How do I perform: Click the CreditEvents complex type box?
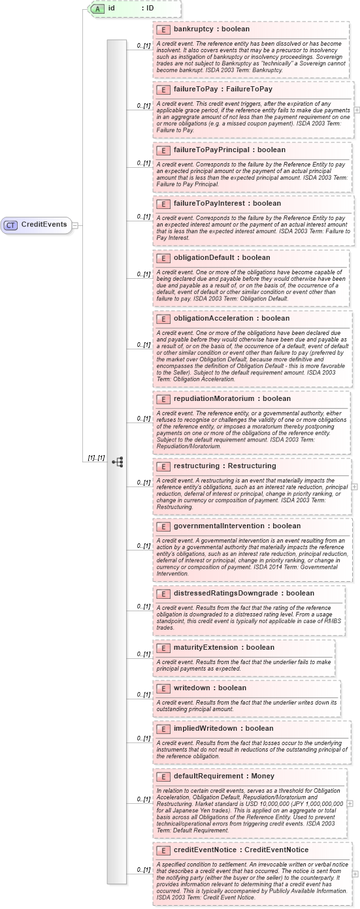tap(37, 225)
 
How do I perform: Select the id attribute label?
tap(112, 8)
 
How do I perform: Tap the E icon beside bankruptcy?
tap(163, 29)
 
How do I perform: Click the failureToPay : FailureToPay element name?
tap(223, 89)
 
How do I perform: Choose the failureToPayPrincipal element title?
tap(220, 150)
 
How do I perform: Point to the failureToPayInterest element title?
tap(218, 204)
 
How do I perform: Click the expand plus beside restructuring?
tap(354, 486)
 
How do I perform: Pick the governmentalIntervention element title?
tap(228, 526)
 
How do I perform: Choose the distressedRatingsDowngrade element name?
tap(235, 594)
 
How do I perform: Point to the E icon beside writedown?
tap(163, 688)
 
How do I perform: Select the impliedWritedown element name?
tap(214, 729)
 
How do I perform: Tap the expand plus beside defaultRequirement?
tap(350, 804)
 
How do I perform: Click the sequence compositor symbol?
tap(118, 462)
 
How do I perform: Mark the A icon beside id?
tap(97, 8)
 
